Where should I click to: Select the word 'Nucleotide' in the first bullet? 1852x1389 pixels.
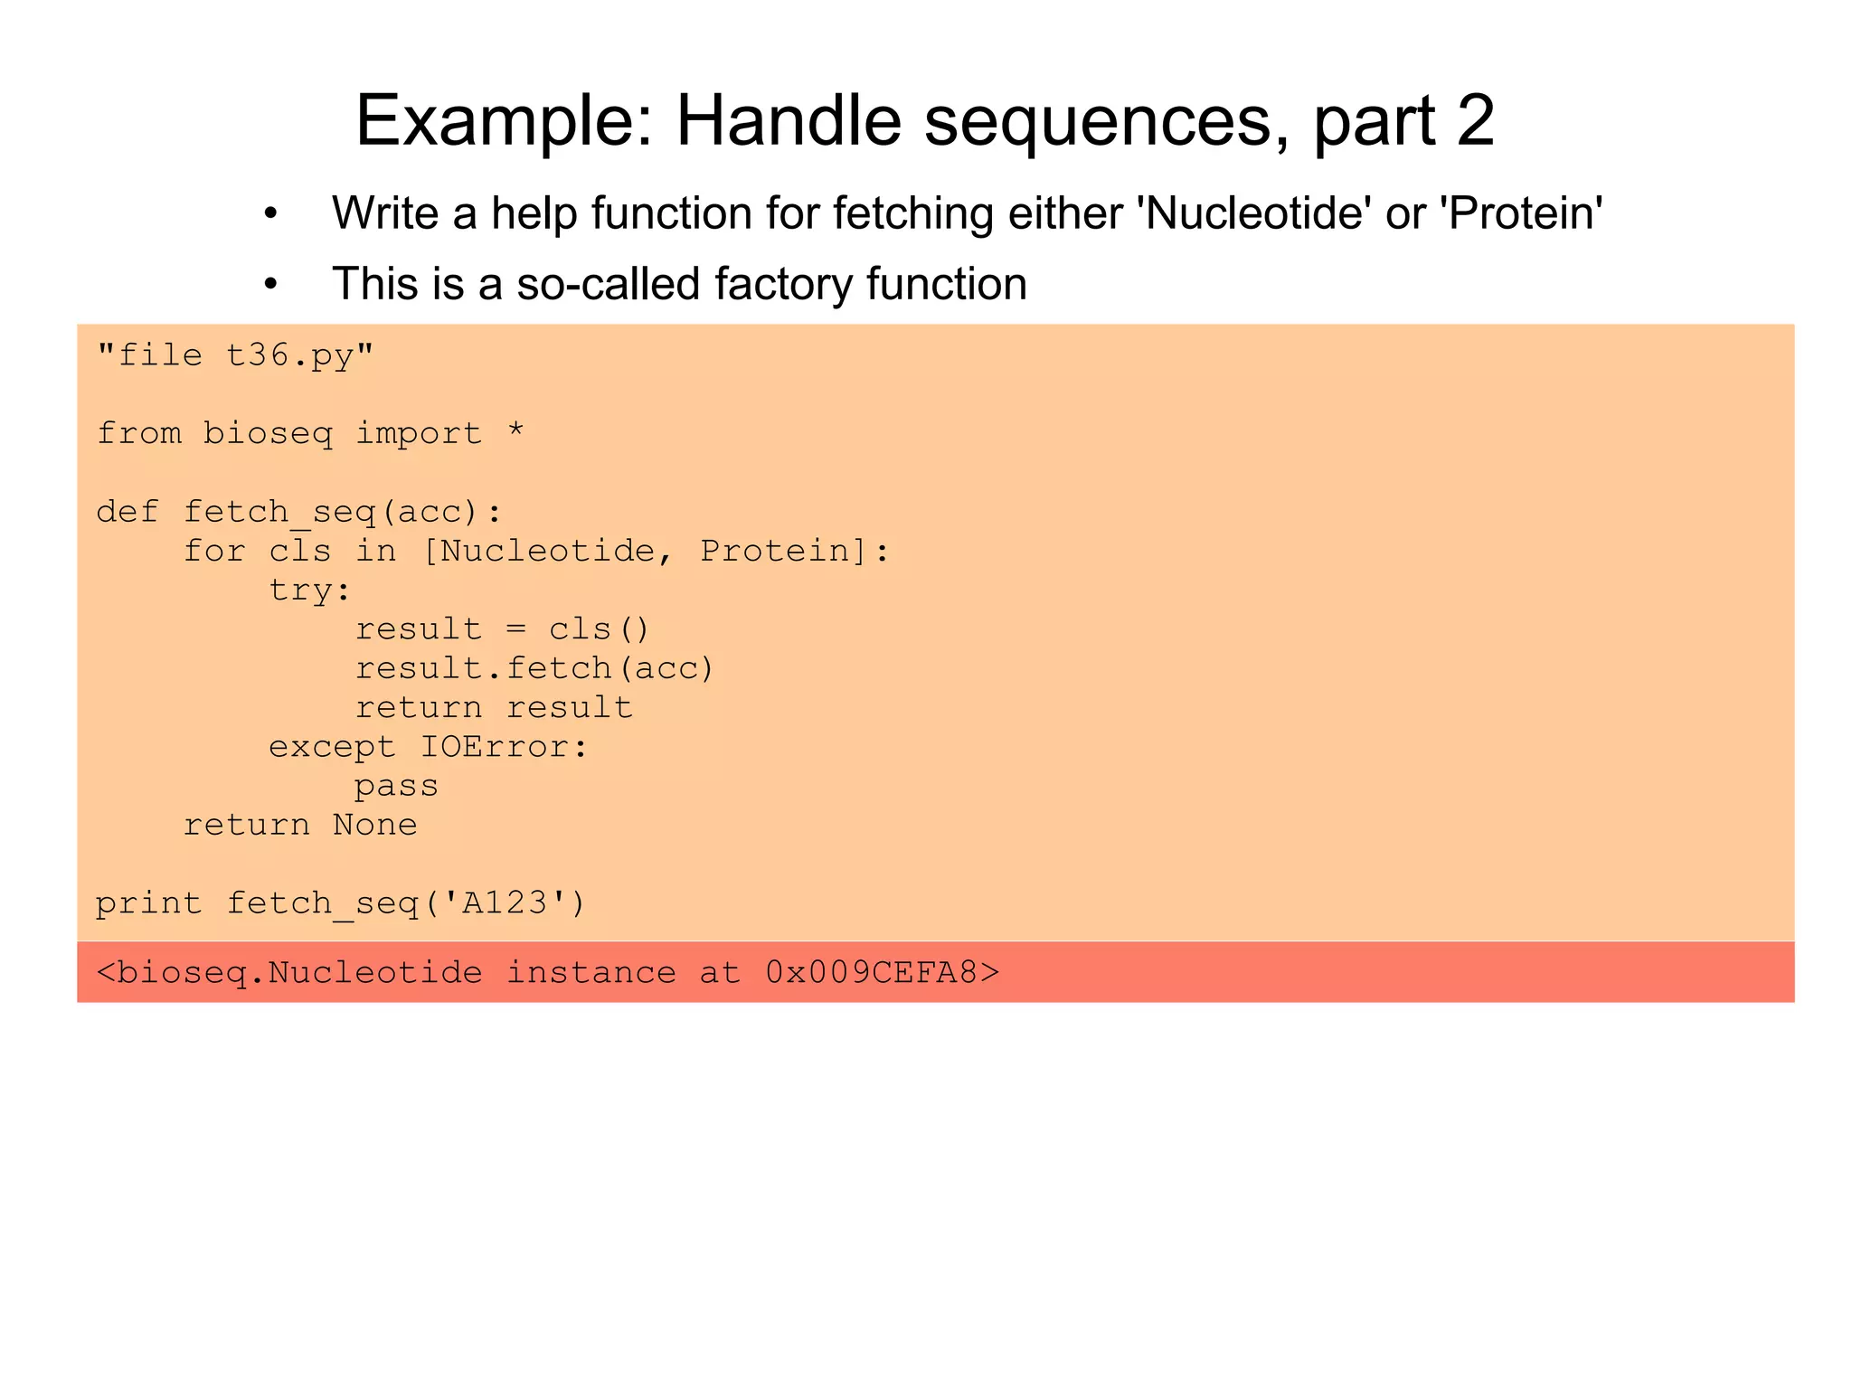[x=1253, y=213]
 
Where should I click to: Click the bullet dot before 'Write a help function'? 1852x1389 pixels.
[x=270, y=214]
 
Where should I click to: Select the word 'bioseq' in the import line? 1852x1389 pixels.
[x=268, y=434]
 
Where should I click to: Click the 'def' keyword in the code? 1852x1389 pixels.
[x=128, y=512]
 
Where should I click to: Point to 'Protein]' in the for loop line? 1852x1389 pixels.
[x=783, y=551]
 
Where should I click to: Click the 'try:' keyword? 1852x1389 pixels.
[x=309, y=591]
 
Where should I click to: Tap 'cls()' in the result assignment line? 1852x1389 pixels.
[x=599, y=629]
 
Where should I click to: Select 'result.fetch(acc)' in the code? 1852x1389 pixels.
[x=534, y=668]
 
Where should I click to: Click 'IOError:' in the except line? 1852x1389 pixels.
[x=504, y=747]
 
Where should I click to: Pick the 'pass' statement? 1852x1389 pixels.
[x=396, y=787]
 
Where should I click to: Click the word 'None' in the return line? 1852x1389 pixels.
[x=374, y=825]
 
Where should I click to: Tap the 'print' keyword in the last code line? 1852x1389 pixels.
[x=149, y=903]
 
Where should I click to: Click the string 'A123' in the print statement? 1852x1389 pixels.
[x=505, y=902]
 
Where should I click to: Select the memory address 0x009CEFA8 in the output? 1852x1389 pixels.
[x=871, y=973]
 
